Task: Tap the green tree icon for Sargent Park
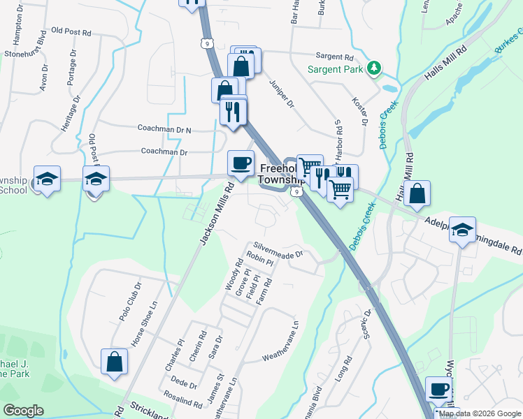click(x=375, y=68)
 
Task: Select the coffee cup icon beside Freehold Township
click(x=241, y=163)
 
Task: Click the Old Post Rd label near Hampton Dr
click(x=72, y=32)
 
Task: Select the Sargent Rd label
click(x=335, y=57)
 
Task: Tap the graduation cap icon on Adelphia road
click(x=461, y=230)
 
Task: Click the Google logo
click(x=24, y=411)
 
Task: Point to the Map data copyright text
click(x=480, y=413)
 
